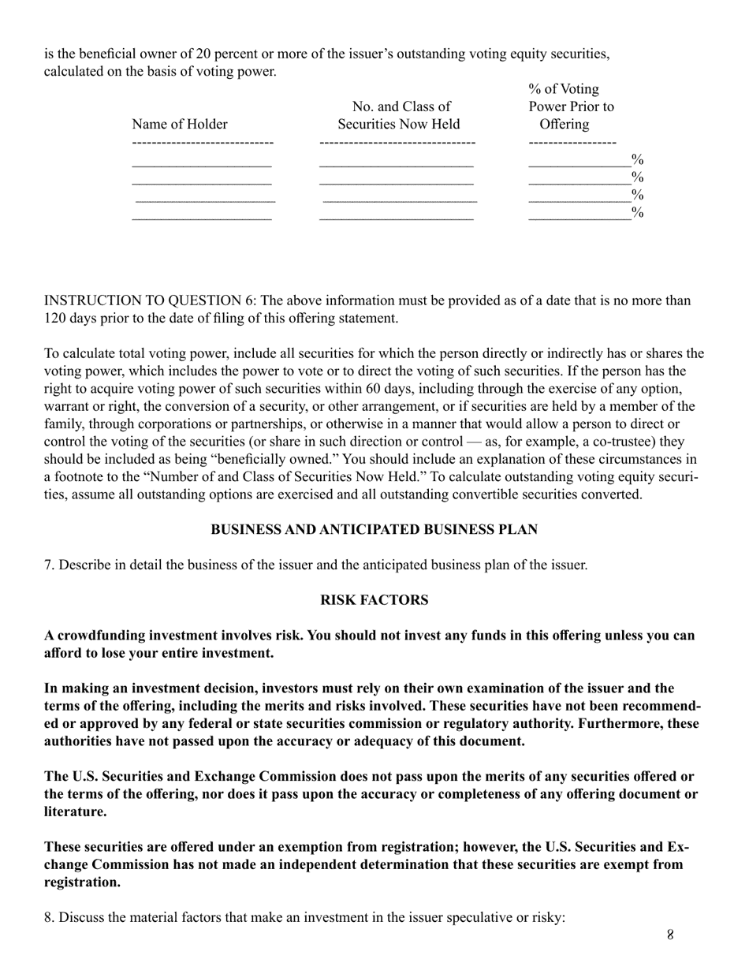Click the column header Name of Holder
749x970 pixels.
click(180, 125)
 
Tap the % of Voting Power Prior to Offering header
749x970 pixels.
click(571, 106)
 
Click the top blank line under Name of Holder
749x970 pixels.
click(202, 166)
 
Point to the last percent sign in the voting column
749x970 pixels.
click(638, 213)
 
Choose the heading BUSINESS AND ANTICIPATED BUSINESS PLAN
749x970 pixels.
click(374, 530)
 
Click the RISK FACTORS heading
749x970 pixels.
click(374, 600)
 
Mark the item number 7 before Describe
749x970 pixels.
click(48, 565)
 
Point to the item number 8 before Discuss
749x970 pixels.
click(48, 918)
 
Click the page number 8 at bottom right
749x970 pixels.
click(670, 935)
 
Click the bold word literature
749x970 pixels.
click(75, 811)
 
